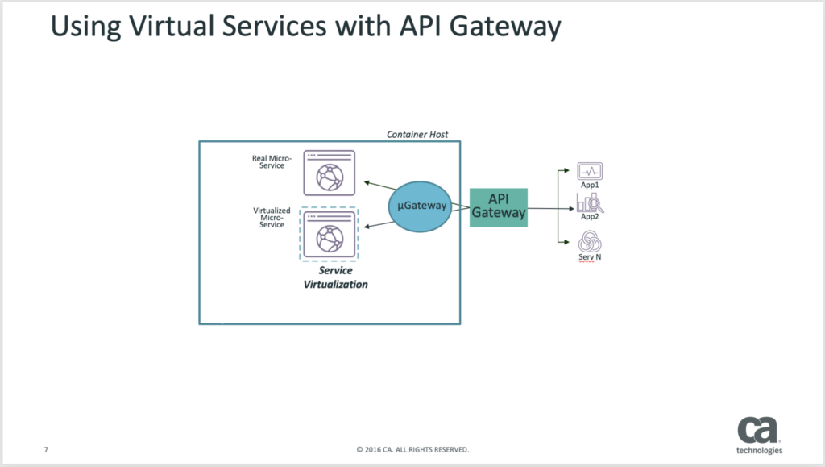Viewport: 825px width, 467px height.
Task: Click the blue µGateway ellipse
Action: click(x=421, y=206)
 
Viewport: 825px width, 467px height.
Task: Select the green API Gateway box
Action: click(x=498, y=207)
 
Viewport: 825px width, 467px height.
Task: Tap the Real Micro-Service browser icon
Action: click(x=330, y=173)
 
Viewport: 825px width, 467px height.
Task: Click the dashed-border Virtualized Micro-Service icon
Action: click(x=329, y=234)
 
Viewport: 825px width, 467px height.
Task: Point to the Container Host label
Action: click(x=417, y=134)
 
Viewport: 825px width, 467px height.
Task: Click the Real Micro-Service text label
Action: click(x=272, y=161)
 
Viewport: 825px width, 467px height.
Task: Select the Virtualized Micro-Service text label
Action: click(x=272, y=218)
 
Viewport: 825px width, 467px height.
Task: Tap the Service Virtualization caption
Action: click(x=336, y=277)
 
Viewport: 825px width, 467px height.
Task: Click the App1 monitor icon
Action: click(x=590, y=171)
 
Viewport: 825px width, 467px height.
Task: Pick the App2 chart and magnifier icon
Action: click(x=590, y=202)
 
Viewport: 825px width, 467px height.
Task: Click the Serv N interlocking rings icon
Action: click(x=590, y=242)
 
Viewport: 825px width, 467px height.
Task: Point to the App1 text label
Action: click(x=590, y=185)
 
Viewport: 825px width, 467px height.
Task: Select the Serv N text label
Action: click(x=590, y=257)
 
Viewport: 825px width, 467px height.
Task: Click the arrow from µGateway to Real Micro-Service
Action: click(x=380, y=186)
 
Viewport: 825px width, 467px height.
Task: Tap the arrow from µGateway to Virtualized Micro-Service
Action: click(x=379, y=225)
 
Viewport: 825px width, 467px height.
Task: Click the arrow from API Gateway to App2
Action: click(x=551, y=208)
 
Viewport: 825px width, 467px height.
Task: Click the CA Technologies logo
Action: click(x=759, y=436)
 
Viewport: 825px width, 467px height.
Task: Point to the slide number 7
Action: click(x=46, y=449)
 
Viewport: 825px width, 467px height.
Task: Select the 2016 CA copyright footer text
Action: click(x=412, y=449)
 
